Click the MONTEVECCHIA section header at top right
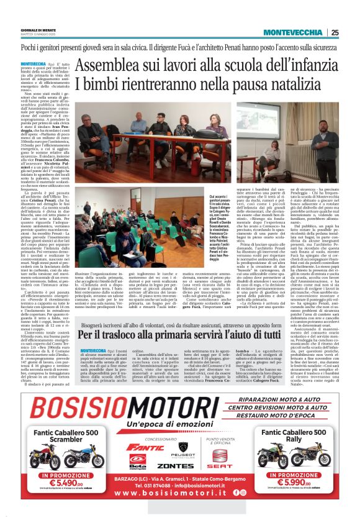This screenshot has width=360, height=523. pos(294,32)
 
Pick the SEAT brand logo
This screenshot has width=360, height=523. pos(220,463)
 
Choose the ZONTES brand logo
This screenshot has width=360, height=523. pos(176,465)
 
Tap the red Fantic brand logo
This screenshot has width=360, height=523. pos(138,447)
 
